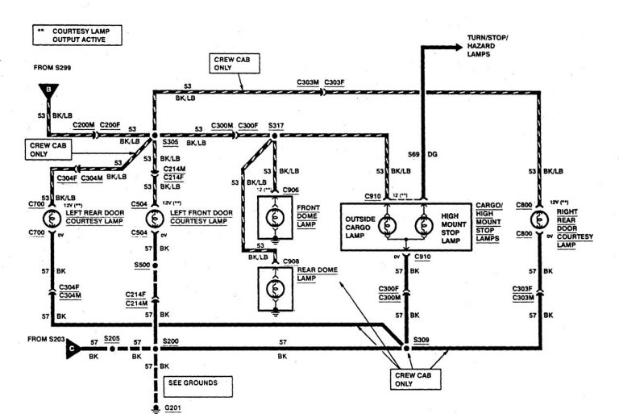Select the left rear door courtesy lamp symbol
pyautogui.click(x=52, y=218)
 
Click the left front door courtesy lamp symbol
pyautogui.click(x=155, y=218)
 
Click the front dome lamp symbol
pyautogui.click(x=275, y=215)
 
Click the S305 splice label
pyautogui.click(x=171, y=141)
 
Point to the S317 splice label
pyautogui.click(x=276, y=126)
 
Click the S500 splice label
pyautogui.click(x=142, y=263)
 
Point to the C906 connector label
pyautogui.click(x=291, y=190)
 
